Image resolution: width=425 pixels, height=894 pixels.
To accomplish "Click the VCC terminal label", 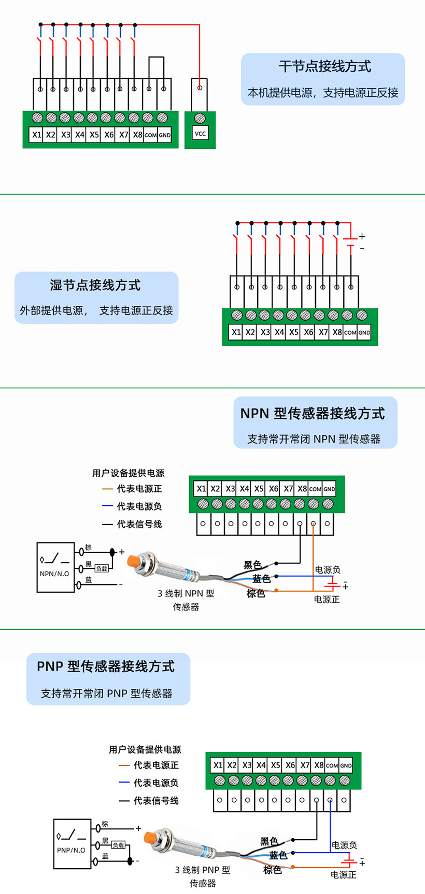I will pyautogui.click(x=200, y=134).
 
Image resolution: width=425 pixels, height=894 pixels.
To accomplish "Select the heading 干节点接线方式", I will pyautogui.click(x=324, y=66).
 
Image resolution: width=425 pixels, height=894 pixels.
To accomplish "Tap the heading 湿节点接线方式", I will pyautogui.click(x=95, y=285).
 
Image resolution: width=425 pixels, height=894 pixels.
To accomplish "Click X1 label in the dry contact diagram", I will pyautogui.click(x=36, y=135).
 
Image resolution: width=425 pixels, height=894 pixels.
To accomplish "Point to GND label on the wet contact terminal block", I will pyautogui.click(x=364, y=333).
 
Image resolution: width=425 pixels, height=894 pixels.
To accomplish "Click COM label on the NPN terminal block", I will pyautogui.click(x=315, y=489).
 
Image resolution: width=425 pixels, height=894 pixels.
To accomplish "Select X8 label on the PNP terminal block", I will pyautogui.click(x=319, y=765).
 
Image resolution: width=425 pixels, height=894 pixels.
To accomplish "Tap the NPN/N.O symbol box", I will pyautogui.click(x=55, y=567).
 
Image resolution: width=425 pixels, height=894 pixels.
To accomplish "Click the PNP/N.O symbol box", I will pyautogui.click(x=72, y=843).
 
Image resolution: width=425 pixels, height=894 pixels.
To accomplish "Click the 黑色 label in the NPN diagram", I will pyautogui.click(x=253, y=565).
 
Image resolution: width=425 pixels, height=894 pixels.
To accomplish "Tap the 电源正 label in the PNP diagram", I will pyautogui.click(x=344, y=875).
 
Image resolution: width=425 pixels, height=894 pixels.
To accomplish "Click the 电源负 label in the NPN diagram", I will pyautogui.click(x=328, y=570).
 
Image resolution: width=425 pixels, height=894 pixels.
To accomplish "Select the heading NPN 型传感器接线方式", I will pyautogui.click(x=313, y=414).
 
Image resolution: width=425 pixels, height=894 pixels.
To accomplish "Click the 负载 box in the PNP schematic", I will pyautogui.click(x=118, y=845).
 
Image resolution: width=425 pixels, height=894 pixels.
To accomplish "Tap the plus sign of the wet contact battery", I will pyautogui.click(x=362, y=236).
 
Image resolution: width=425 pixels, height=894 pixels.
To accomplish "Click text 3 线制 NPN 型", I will pyautogui.click(x=186, y=593).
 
